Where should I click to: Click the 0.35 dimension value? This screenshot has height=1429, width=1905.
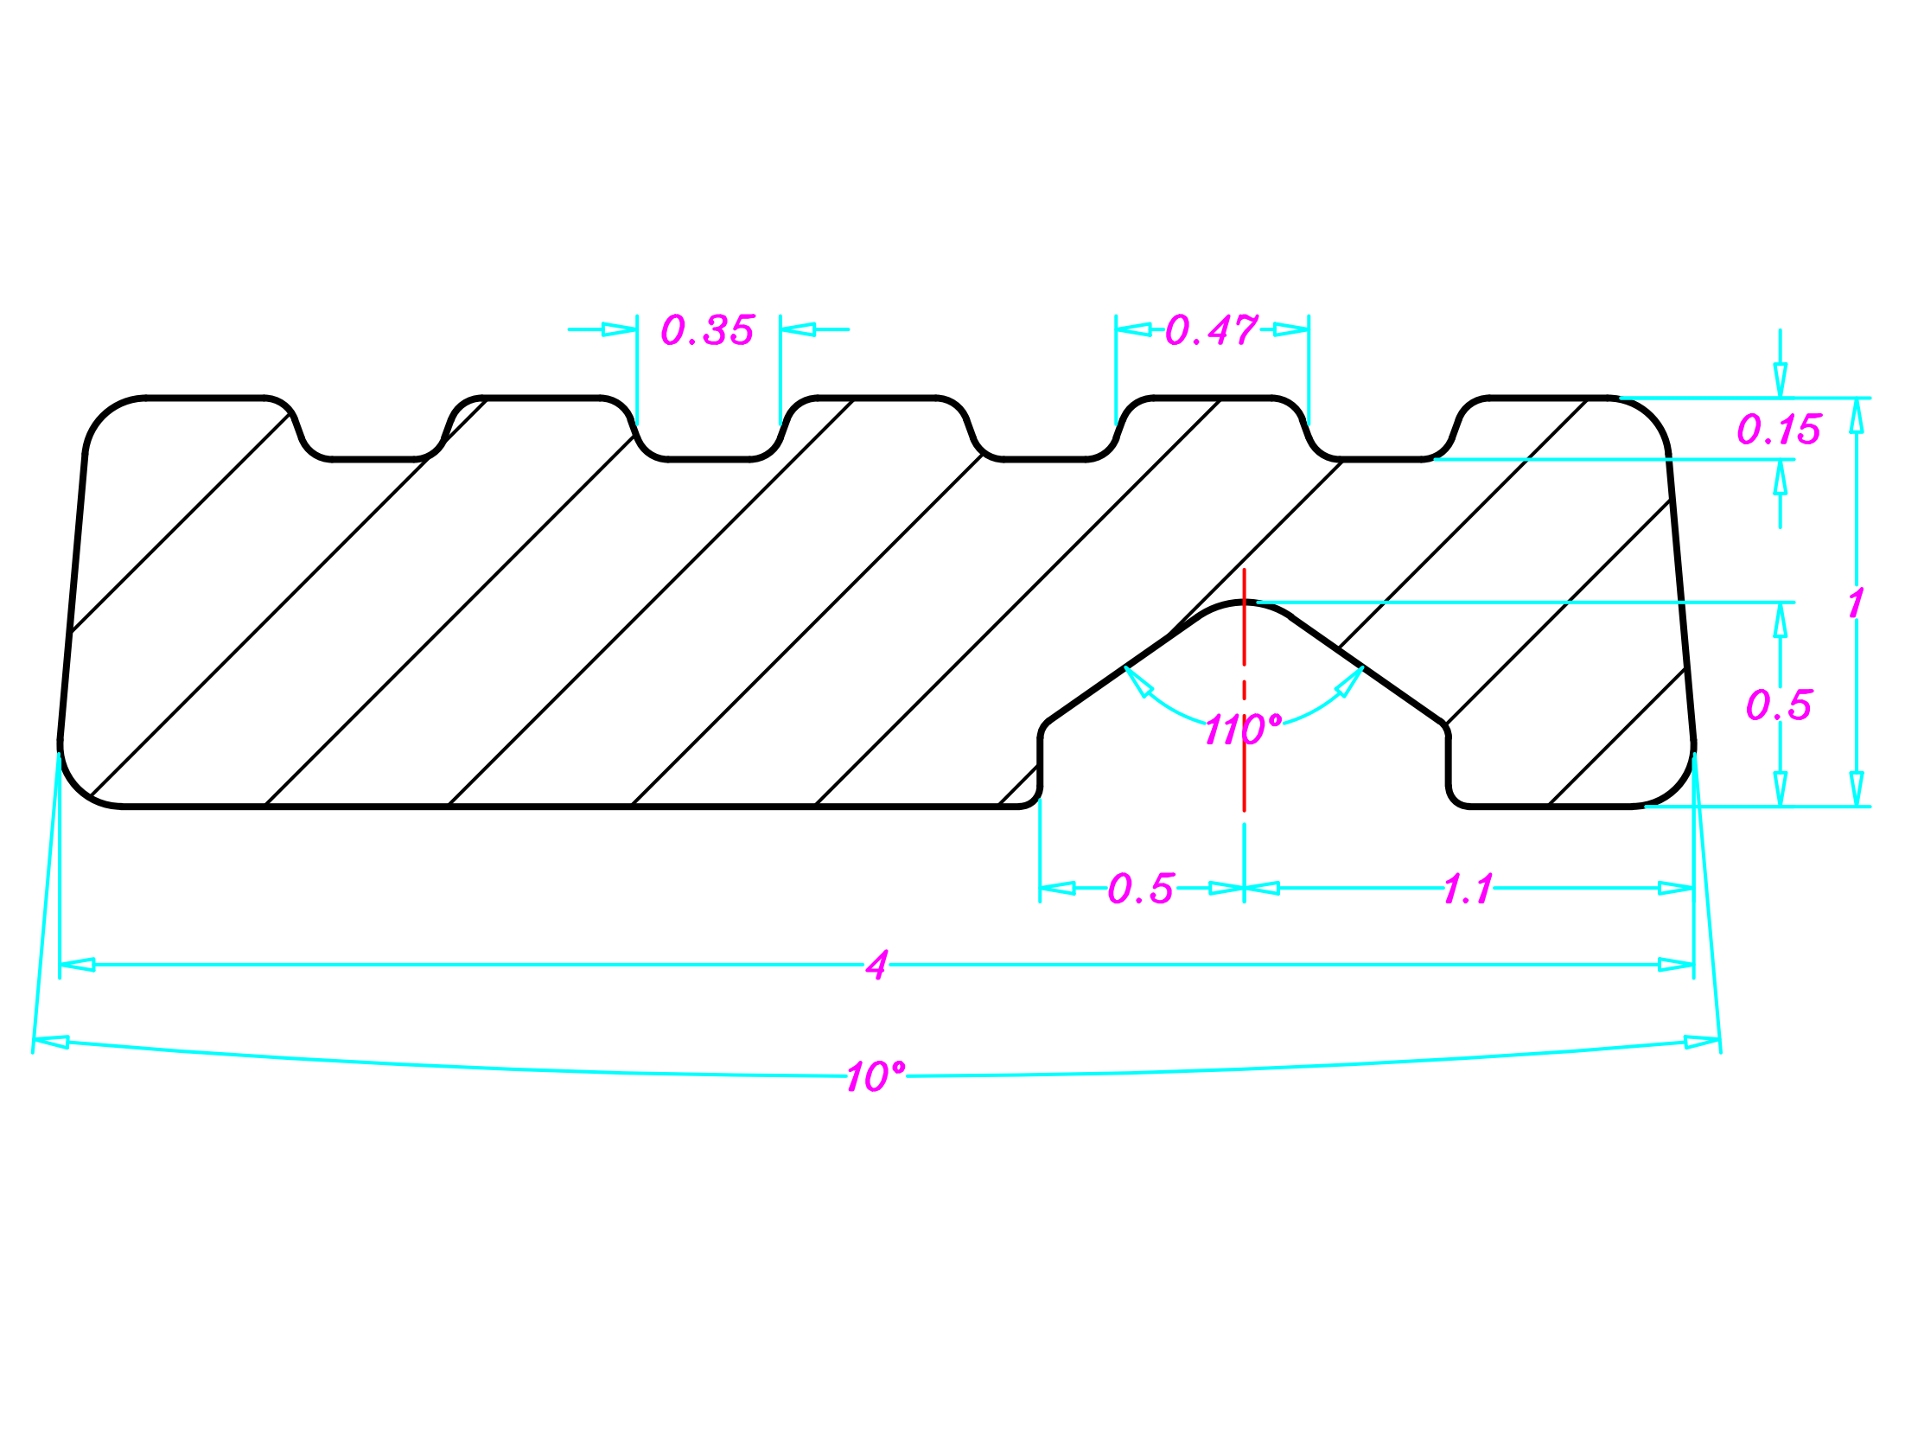pyautogui.click(x=707, y=330)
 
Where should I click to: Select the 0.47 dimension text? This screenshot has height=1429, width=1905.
pyautogui.click(x=1211, y=330)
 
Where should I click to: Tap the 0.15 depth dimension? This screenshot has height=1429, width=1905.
pyautogui.click(x=1779, y=430)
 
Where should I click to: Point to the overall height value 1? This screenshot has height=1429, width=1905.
pyautogui.click(x=1856, y=603)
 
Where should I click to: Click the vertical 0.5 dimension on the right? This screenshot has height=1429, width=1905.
pyautogui.click(x=1779, y=705)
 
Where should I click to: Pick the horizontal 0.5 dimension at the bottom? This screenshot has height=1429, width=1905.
pyautogui.click(x=1141, y=889)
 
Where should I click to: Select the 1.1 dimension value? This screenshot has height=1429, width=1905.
pyautogui.click(x=1468, y=890)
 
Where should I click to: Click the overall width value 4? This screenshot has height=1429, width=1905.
pyautogui.click(x=876, y=966)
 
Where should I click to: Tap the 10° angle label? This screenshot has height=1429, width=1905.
pyautogui.click(x=876, y=1077)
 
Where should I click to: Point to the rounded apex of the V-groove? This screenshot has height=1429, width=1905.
pyautogui.click(x=1244, y=603)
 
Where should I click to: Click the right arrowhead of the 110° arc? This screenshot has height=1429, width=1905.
pyautogui.click(x=1349, y=682)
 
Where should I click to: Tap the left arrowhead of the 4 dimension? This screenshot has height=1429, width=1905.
pyautogui.click(x=77, y=965)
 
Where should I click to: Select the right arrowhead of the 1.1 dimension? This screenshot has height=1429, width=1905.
pyautogui.click(x=1676, y=889)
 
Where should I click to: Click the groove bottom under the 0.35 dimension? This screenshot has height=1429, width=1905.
pyautogui.click(x=709, y=459)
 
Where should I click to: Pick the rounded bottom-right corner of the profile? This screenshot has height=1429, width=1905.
pyautogui.click(x=1672, y=786)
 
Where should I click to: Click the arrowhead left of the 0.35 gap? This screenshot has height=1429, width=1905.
pyautogui.click(x=620, y=329)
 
